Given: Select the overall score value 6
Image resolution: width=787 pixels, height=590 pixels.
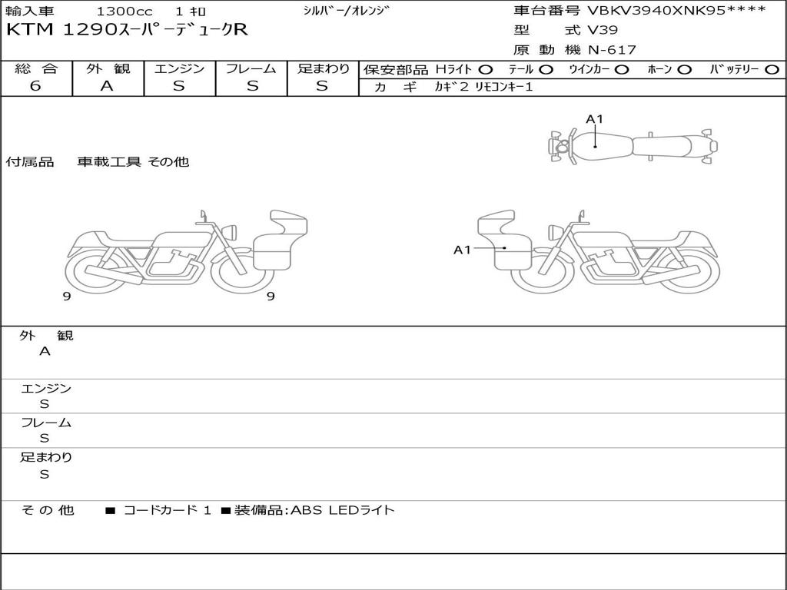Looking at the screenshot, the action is tap(35, 85).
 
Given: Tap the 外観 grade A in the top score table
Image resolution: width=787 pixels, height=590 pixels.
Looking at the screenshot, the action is tap(107, 86).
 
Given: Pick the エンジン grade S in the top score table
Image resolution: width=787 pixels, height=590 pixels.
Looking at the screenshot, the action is tap(179, 86).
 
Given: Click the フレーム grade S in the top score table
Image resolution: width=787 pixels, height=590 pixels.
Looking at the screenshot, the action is tap(252, 86).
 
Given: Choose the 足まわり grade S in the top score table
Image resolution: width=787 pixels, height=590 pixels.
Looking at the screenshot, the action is tap(322, 86).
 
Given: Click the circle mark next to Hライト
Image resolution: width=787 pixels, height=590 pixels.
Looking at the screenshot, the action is tap(486, 69).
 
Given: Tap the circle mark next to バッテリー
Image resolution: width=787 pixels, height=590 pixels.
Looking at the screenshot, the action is tap(772, 69).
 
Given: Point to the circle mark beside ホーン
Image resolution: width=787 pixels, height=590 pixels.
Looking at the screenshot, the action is tap(684, 69).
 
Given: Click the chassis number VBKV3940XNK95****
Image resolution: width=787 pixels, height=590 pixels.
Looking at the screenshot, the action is tap(676, 10).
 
